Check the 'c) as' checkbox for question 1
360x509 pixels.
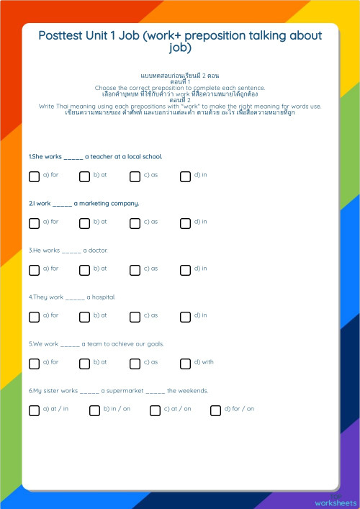click(x=135, y=176)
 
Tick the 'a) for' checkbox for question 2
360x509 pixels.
click(x=34, y=223)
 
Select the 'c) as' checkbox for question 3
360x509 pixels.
click(x=135, y=270)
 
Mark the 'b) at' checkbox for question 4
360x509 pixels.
click(x=84, y=317)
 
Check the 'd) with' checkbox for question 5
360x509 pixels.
click(x=185, y=364)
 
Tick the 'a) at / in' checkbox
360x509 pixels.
click(x=34, y=410)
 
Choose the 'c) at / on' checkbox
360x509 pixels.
click(x=155, y=410)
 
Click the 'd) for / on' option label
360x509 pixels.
click(x=238, y=409)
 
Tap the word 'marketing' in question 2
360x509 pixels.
click(x=95, y=203)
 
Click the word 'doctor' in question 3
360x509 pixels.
click(x=98, y=250)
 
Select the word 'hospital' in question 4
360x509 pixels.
click(x=103, y=297)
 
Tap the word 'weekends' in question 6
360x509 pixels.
click(x=192, y=390)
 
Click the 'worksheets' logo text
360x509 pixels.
click(x=335, y=502)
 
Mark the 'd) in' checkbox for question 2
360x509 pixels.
click(x=185, y=223)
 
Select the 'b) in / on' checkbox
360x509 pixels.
click(x=94, y=410)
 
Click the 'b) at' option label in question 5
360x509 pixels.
click(x=100, y=362)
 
